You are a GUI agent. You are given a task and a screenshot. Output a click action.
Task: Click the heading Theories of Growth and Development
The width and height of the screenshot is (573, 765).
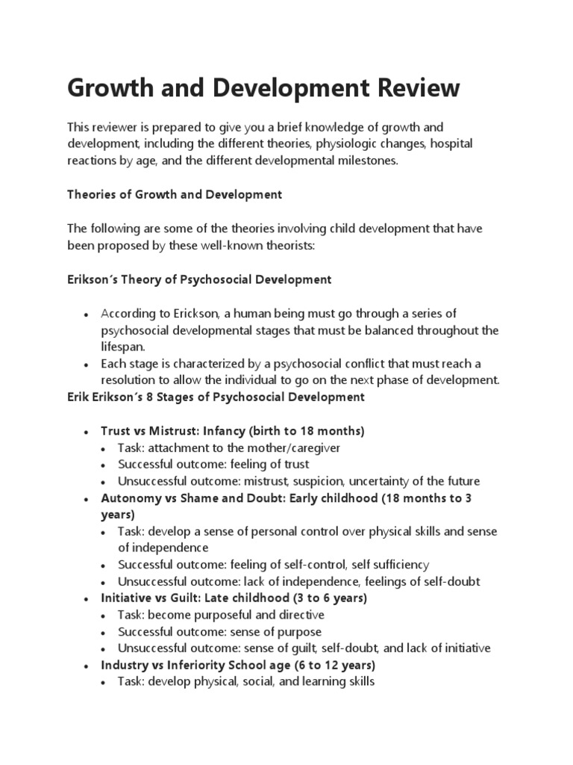[175, 194]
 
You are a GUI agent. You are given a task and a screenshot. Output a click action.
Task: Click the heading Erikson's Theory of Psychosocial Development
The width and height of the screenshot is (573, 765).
[199, 279]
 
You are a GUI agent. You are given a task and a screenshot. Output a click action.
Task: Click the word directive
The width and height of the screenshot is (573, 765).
[300, 615]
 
